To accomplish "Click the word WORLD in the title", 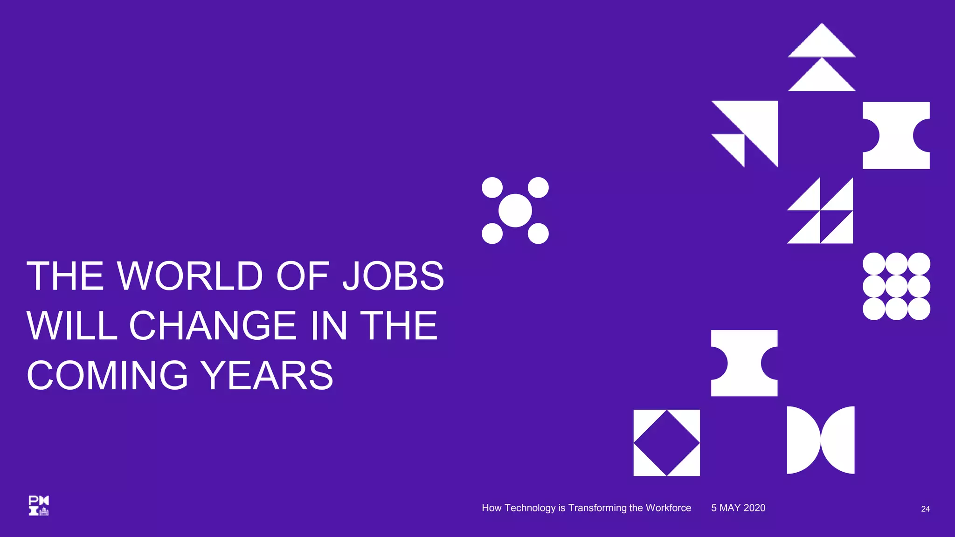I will pos(190,276).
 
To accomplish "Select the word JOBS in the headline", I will pos(393,276).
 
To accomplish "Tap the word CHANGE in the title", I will pos(213,325).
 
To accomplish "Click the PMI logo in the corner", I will pos(39,505).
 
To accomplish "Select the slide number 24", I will pos(925,509).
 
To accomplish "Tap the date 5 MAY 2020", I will pos(738,508).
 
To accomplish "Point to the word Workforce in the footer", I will pos(668,508).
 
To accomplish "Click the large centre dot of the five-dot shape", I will pos(515,211).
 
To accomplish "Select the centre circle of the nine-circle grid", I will pos(896,286).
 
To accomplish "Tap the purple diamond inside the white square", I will pos(667,443).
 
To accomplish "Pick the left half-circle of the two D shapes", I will pos(801,440).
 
